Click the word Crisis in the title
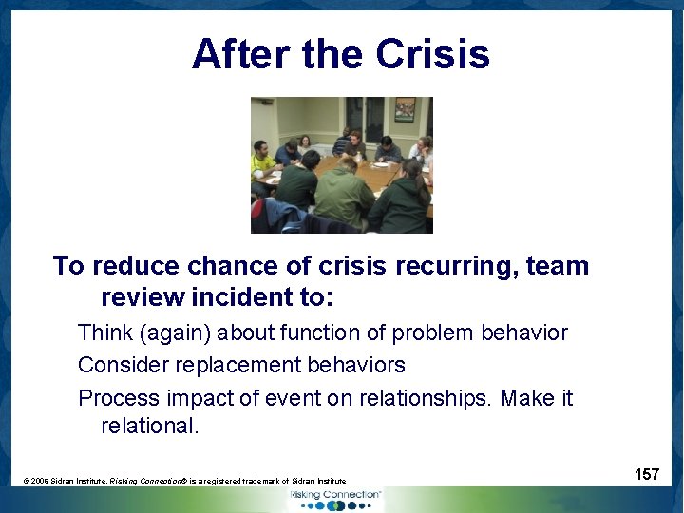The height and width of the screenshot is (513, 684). [432, 54]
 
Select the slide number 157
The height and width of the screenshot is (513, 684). [647, 474]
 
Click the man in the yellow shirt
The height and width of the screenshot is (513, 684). [262, 161]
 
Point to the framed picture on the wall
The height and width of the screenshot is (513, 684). [405, 109]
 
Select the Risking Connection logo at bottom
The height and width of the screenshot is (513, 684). [334, 499]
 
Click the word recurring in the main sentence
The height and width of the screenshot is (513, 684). [453, 266]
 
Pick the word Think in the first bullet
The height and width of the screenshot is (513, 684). [106, 332]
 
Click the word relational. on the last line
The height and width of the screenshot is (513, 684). [150, 426]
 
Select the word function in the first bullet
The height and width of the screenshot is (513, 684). [268, 332]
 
